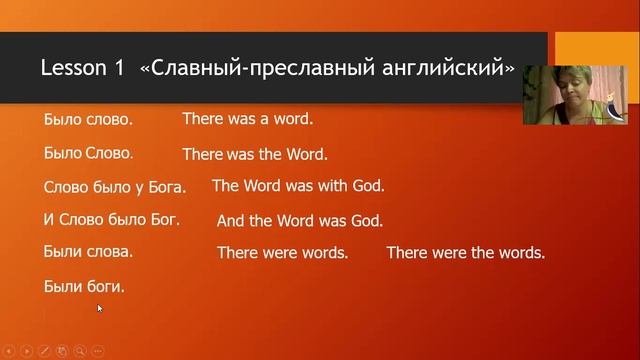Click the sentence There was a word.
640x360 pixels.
click(x=247, y=118)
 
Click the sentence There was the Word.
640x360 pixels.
click(x=255, y=154)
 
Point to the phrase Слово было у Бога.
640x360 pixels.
click(x=115, y=187)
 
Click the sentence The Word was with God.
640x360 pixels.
click(x=298, y=185)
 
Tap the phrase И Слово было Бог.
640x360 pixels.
click(x=112, y=219)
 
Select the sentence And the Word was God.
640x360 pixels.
click(x=300, y=221)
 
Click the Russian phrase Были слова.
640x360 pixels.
click(x=89, y=252)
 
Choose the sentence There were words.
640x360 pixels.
click(x=282, y=253)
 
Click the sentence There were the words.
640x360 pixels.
click(x=465, y=253)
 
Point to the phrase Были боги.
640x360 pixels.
click(x=85, y=286)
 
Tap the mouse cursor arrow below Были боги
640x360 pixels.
click(x=99, y=308)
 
